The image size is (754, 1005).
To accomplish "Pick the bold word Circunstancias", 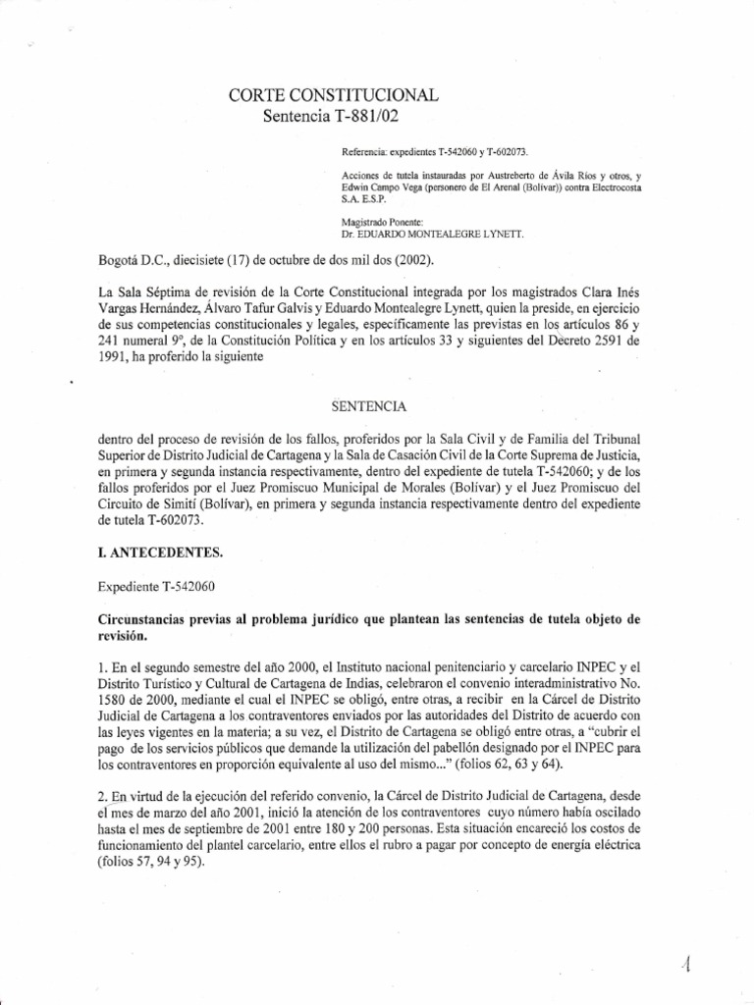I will pos(151,619).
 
